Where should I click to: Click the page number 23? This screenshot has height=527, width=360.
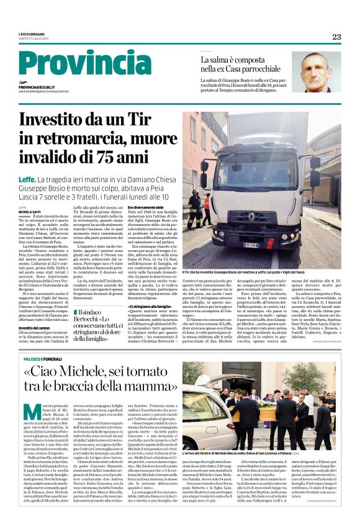click(x=336, y=37)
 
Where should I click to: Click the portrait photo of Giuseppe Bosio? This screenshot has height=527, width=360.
click(x=316, y=72)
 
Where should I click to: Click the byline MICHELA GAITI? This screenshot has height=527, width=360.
click(x=29, y=211)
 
